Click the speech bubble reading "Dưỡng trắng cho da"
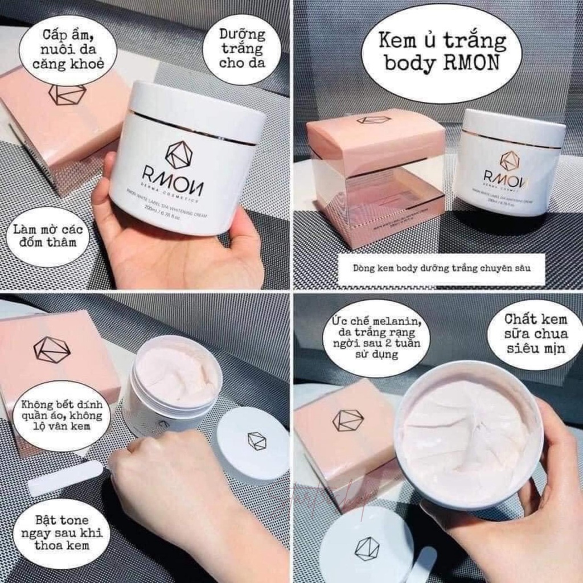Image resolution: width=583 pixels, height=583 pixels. [x=242, y=48]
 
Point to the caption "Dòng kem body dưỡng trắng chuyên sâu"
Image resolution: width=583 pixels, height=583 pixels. [x=441, y=269]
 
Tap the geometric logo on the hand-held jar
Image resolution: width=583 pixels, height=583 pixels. [x=179, y=155]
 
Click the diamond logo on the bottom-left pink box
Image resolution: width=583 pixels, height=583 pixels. [x=51, y=350]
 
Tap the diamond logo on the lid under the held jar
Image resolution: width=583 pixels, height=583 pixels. [x=367, y=548]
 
